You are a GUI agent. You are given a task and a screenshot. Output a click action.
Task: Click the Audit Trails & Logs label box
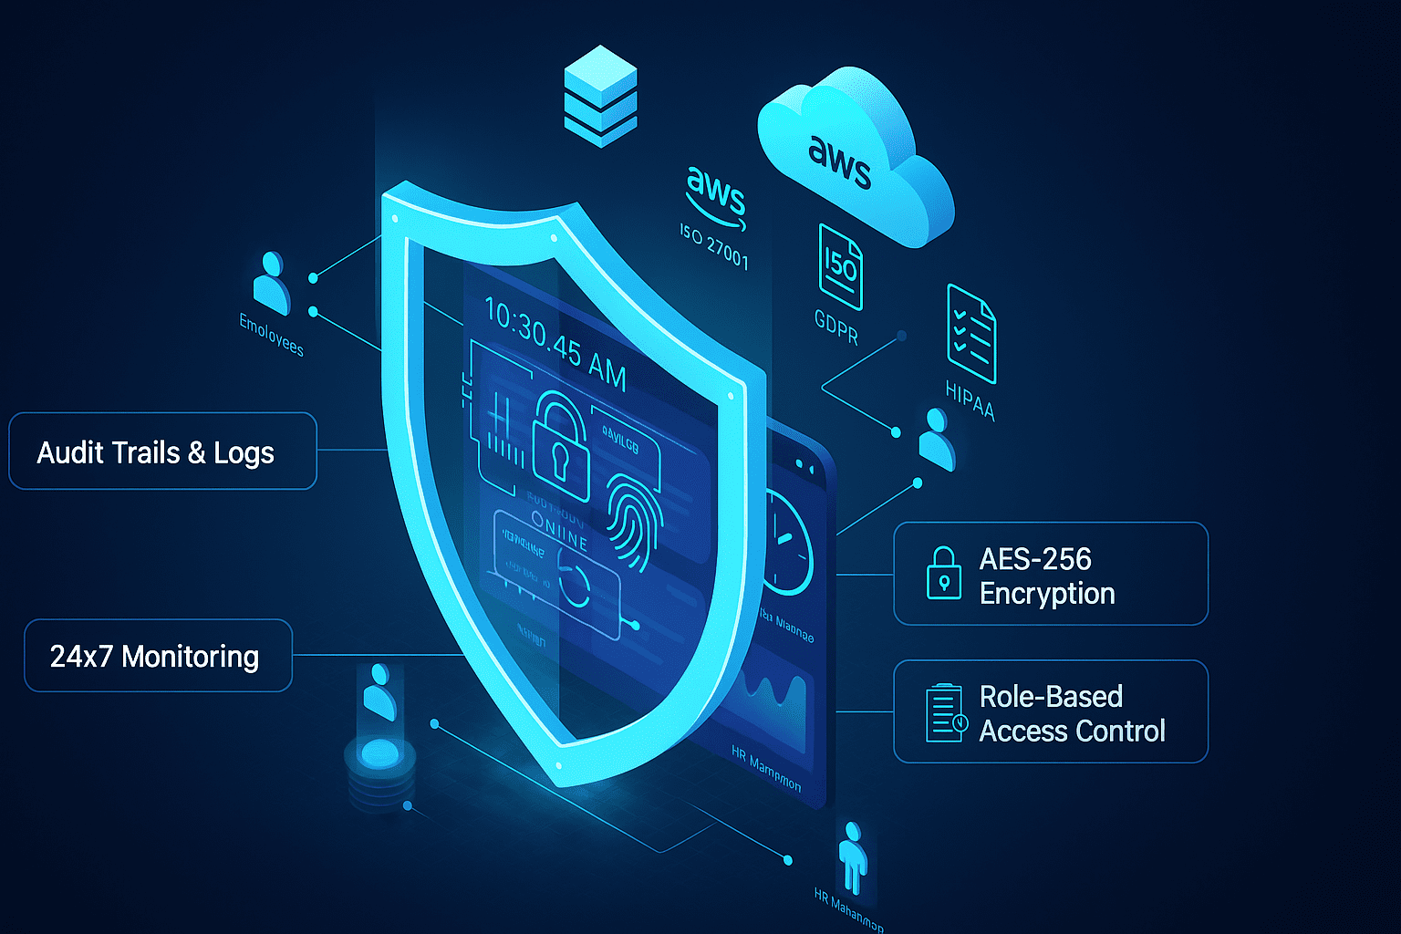coord(162,451)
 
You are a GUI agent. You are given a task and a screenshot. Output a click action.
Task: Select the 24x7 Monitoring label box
coord(158,656)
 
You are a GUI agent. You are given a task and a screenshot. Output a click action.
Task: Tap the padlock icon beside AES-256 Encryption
coord(943,574)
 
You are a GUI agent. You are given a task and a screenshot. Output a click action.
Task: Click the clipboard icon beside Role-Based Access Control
coord(945,712)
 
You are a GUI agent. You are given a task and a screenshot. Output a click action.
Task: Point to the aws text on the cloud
coord(839,162)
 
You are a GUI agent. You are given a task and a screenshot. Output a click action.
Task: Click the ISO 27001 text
coord(714,246)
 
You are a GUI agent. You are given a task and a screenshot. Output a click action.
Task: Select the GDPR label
coord(836,327)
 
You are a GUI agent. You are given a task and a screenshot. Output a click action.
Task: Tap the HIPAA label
coord(970,400)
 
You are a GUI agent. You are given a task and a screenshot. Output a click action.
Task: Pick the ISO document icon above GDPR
coord(840,266)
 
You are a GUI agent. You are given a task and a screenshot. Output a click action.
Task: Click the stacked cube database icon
coord(600,96)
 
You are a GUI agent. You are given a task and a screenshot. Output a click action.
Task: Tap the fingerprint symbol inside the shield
coord(634,519)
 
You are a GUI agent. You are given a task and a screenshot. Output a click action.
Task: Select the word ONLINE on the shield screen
coord(559,531)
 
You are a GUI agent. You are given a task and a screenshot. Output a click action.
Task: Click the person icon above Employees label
coord(271,283)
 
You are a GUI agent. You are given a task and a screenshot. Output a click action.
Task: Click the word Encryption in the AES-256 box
coord(1047,594)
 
